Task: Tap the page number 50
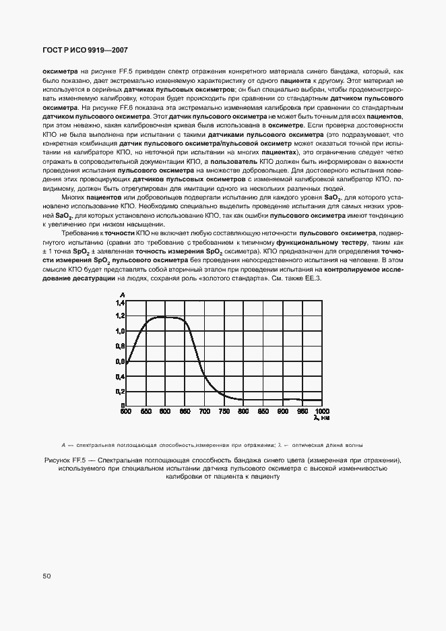pyautogui.click(x=46, y=576)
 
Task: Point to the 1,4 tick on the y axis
pyautogui.click(x=121, y=303)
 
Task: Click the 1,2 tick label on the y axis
pyautogui.click(x=121, y=316)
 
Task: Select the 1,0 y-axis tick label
pyautogui.click(x=121, y=331)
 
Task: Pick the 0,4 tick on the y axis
pyautogui.click(x=121, y=376)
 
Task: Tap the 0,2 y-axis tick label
pyautogui.click(x=121, y=391)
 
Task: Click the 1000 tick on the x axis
pyautogui.click(x=322, y=411)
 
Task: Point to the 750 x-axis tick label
pyautogui.click(x=224, y=411)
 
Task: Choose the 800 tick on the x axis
pyautogui.click(x=244, y=411)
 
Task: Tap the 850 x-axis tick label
pyautogui.click(x=263, y=411)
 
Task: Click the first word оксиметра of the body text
pyautogui.click(x=60, y=71)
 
